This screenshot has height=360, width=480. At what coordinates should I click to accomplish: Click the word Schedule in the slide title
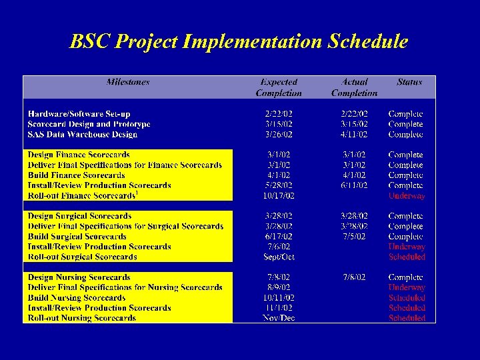[367, 42]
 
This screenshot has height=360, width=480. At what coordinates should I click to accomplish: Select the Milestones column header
[128, 83]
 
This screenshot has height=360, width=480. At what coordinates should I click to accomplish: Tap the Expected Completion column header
[279, 88]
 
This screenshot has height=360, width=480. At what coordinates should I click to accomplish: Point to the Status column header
[409, 83]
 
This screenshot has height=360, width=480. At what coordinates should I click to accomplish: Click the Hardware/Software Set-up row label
[79, 114]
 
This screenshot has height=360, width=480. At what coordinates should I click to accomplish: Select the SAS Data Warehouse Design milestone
[82, 135]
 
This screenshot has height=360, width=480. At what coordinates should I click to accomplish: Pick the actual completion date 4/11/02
[354, 135]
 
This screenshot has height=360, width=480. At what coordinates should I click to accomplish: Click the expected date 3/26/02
[279, 135]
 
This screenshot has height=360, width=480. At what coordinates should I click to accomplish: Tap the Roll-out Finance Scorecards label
[81, 196]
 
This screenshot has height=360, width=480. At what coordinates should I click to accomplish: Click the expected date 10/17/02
[279, 196]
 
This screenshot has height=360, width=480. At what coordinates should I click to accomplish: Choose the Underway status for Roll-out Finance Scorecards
[407, 196]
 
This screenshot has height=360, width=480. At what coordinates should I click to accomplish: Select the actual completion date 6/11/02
[354, 185]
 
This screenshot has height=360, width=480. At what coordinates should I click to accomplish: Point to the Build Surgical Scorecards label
[77, 237]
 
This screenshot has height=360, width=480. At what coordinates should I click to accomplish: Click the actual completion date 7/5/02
[354, 237]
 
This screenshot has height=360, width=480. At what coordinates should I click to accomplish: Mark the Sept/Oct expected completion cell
[279, 257]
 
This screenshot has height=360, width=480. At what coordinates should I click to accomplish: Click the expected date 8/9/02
[279, 288]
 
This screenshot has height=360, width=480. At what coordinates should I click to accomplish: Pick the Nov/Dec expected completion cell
[279, 319]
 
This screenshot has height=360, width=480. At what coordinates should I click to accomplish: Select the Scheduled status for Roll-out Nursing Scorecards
[407, 319]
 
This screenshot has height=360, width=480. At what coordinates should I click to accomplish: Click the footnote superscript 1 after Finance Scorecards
[137, 193]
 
